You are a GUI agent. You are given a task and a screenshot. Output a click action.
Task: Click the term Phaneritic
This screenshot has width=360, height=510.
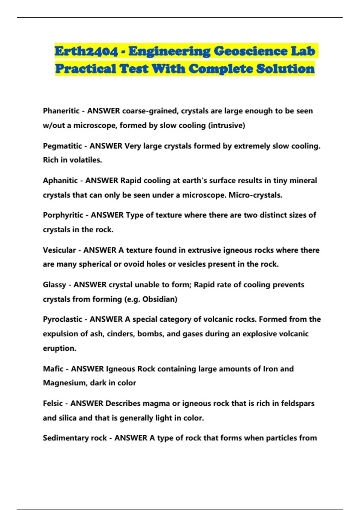[x=61, y=111]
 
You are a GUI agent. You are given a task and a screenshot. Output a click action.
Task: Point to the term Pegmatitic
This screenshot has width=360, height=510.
[x=62, y=146]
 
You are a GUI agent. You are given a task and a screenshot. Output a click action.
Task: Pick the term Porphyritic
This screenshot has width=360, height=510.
[x=63, y=215]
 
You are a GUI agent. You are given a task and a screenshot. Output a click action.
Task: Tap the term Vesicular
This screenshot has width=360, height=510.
[x=59, y=250]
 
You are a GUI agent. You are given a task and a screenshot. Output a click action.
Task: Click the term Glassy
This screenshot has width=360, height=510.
[x=54, y=285]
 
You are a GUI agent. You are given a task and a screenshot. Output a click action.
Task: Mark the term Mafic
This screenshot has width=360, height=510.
[x=53, y=369]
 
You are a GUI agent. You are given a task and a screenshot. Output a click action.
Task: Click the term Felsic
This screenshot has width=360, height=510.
[x=53, y=403]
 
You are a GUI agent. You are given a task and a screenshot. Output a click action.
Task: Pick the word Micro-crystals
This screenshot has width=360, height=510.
[x=255, y=195]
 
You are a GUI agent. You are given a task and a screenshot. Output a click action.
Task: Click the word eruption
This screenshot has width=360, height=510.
[x=59, y=348]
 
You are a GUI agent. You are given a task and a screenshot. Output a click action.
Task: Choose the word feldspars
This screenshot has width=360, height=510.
[x=298, y=403]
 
